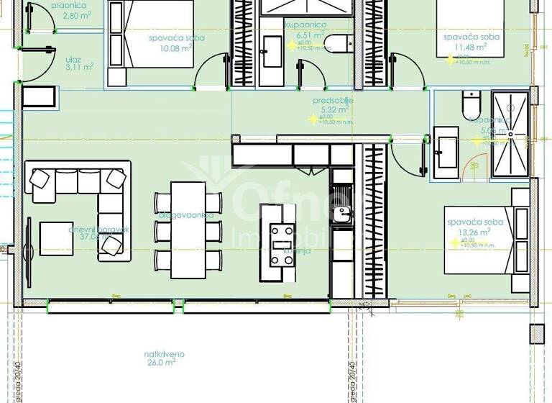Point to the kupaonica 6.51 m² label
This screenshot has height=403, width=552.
tap(305, 30)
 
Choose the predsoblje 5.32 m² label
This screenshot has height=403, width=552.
tap(331, 106)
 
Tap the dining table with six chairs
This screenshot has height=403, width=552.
tap(188, 229)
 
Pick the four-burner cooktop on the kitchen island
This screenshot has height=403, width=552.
tap(282, 243)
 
